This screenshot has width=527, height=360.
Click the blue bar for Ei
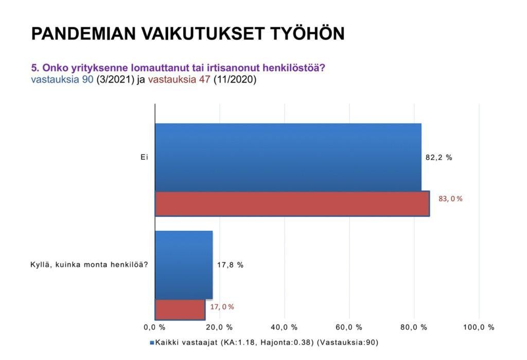pyautogui.click(x=288, y=157)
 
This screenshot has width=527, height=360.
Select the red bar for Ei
pyautogui.click(x=292, y=203)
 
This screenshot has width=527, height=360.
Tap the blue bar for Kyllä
pyautogui.click(x=184, y=265)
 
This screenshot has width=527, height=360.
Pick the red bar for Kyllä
pyautogui.click(x=180, y=310)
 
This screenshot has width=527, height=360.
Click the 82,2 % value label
pyautogui.click(x=439, y=158)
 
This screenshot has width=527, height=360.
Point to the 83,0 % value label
pyautogui.click(x=450, y=199)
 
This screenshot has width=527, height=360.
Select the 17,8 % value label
pyautogui.click(x=230, y=265)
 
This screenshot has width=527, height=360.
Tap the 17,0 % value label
pyautogui.click(x=222, y=307)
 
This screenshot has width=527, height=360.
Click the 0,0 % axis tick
pyautogui.click(x=154, y=328)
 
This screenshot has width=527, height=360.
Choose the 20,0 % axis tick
pyautogui.click(x=219, y=328)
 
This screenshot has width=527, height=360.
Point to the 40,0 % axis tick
pyautogui.click(x=284, y=328)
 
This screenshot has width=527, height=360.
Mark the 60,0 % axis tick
pyautogui.click(x=349, y=328)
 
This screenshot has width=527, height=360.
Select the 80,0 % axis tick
pyautogui.click(x=414, y=328)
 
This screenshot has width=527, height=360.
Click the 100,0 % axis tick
pyautogui.click(x=479, y=328)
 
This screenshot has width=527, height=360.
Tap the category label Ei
pyautogui.click(x=144, y=157)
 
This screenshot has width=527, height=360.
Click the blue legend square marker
pyautogui.click(x=152, y=343)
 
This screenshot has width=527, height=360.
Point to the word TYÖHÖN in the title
pyautogui.click(x=307, y=33)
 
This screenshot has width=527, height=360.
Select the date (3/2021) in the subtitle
pyautogui.click(x=115, y=80)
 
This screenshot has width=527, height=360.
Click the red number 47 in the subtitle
pyautogui.click(x=205, y=80)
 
